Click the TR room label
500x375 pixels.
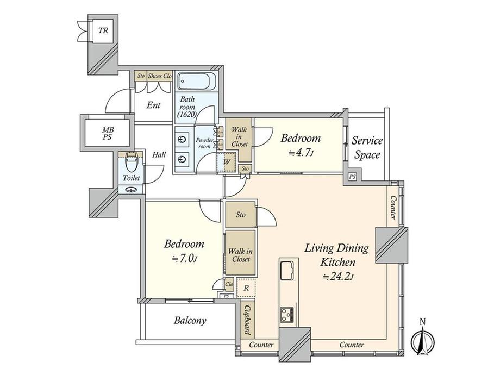point(103,30)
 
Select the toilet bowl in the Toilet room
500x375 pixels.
point(131,162)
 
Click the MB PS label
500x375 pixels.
point(108,134)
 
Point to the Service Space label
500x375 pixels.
point(367,148)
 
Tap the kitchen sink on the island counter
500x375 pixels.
point(287,271)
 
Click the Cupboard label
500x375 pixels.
point(247,320)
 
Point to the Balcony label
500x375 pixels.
point(190,321)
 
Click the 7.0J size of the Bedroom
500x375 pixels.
point(185,258)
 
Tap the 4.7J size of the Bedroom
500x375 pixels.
point(301,153)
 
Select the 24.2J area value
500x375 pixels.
point(338,277)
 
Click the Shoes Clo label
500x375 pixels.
point(160,76)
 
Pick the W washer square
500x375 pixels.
point(227,162)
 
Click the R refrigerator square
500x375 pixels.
point(246,287)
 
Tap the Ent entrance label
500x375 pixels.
point(154,105)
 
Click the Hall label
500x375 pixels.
point(159,155)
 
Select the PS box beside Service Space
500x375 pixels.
point(352,177)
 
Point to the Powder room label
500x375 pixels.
point(204,143)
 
